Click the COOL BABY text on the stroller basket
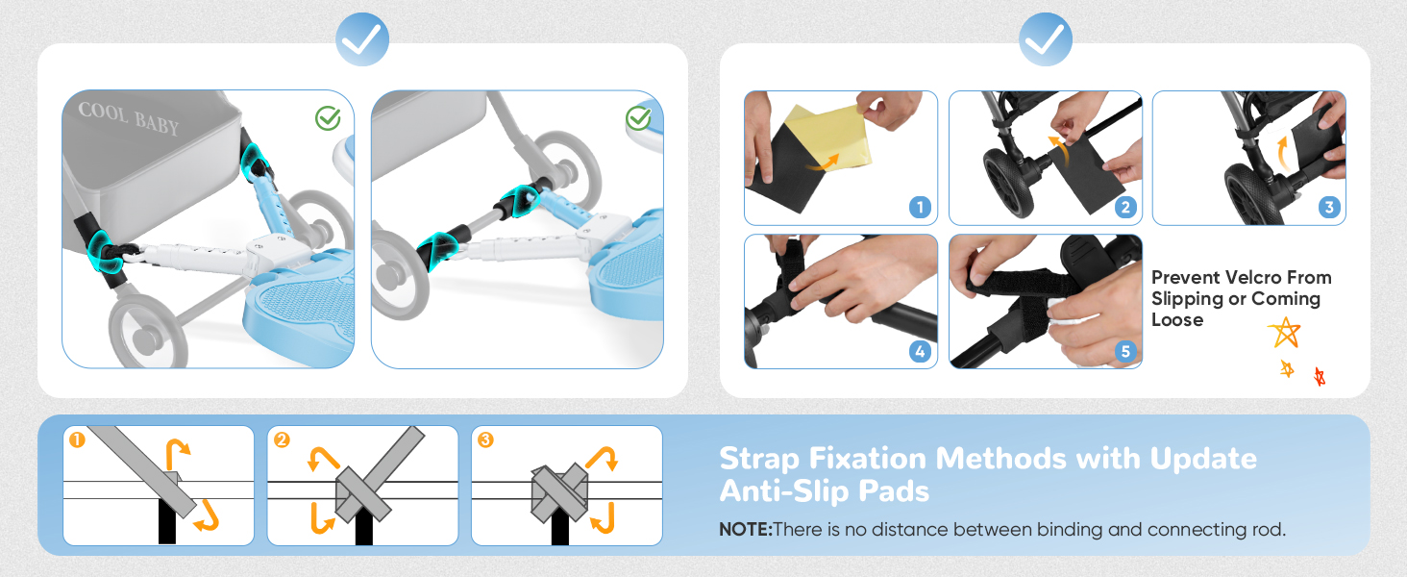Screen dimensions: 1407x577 [129, 117]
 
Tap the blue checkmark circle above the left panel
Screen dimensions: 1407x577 [361, 39]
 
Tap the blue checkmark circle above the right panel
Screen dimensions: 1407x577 [1046, 39]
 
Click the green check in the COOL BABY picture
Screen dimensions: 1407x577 [328, 117]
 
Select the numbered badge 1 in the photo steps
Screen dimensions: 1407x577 [920, 207]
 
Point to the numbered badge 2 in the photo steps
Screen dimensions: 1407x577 [1125, 207]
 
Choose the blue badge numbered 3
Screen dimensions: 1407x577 [1328, 207]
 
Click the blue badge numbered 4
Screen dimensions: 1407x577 [920, 351]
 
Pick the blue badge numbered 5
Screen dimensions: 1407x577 [1125, 351]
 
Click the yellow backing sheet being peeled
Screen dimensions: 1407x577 [832, 138]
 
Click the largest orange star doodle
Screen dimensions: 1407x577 [1285, 333]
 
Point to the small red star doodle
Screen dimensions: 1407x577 [1320, 377]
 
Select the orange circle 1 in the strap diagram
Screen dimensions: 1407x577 [77, 439]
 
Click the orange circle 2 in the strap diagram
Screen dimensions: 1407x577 [282, 439]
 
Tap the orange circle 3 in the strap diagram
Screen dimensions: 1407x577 [485, 439]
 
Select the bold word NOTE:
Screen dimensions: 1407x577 [746, 529]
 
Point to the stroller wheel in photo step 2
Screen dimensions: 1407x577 [1009, 183]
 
